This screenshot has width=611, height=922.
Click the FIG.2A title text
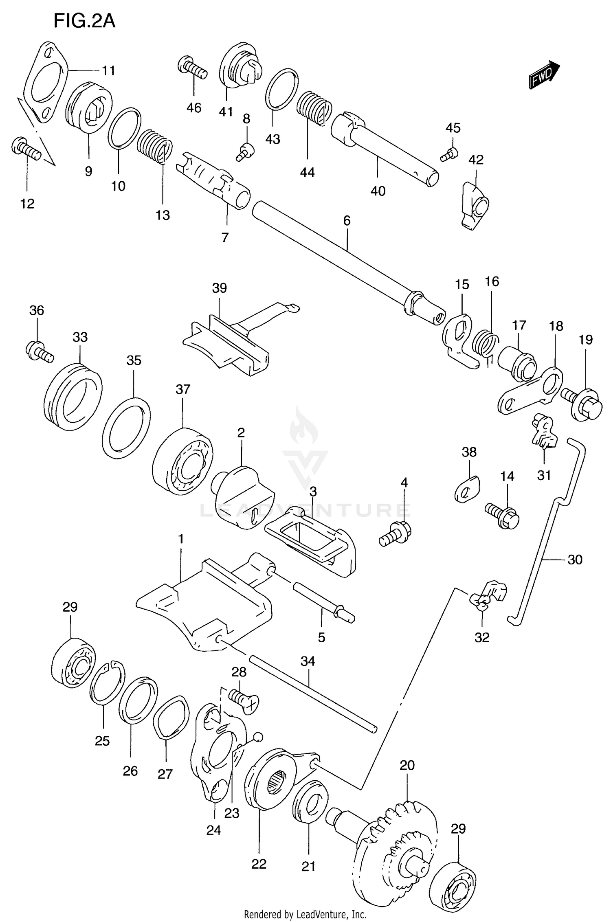click(x=84, y=21)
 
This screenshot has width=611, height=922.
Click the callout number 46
click(x=194, y=108)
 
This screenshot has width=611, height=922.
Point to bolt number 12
click(x=26, y=149)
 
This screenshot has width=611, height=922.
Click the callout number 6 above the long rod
click(x=347, y=220)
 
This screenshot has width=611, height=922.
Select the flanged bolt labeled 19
click(x=582, y=404)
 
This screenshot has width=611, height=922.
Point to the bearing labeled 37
click(x=182, y=461)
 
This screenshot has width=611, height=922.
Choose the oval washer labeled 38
click(x=467, y=489)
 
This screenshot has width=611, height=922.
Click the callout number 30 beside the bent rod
click(x=575, y=560)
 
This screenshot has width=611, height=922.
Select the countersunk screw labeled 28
click(x=244, y=700)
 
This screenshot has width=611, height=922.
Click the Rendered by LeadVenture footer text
click(x=305, y=914)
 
